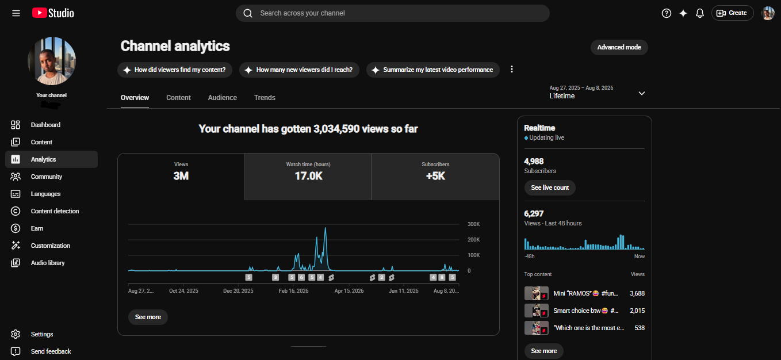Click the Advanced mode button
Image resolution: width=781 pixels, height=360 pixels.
tap(619, 47)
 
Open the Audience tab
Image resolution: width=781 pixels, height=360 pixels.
tap(223, 98)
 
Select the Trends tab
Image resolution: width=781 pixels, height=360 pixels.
tap(265, 98)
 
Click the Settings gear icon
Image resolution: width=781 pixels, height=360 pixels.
tap(16, 334)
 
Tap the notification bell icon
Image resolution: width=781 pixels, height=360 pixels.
tap(699, 13)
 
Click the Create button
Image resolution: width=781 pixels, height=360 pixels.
tap(732, 13)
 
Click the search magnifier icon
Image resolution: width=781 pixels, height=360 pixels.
tap(248, 13)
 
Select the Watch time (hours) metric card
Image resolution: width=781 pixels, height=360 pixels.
tap(308, 177)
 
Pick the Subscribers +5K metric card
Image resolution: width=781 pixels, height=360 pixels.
tap(435, 177)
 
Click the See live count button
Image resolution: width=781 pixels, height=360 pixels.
tap(550, 187)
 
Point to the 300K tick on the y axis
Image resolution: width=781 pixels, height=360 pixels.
tap(473, 224)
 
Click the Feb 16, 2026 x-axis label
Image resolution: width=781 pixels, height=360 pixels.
tap(293, 290)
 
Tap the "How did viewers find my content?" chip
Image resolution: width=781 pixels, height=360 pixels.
tap(175, 70)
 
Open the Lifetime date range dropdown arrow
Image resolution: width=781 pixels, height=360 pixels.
tap(642, 93)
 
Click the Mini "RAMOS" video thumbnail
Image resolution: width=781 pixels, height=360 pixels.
tap(536, 293)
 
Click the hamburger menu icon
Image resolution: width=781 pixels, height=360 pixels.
tap(16, 13)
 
